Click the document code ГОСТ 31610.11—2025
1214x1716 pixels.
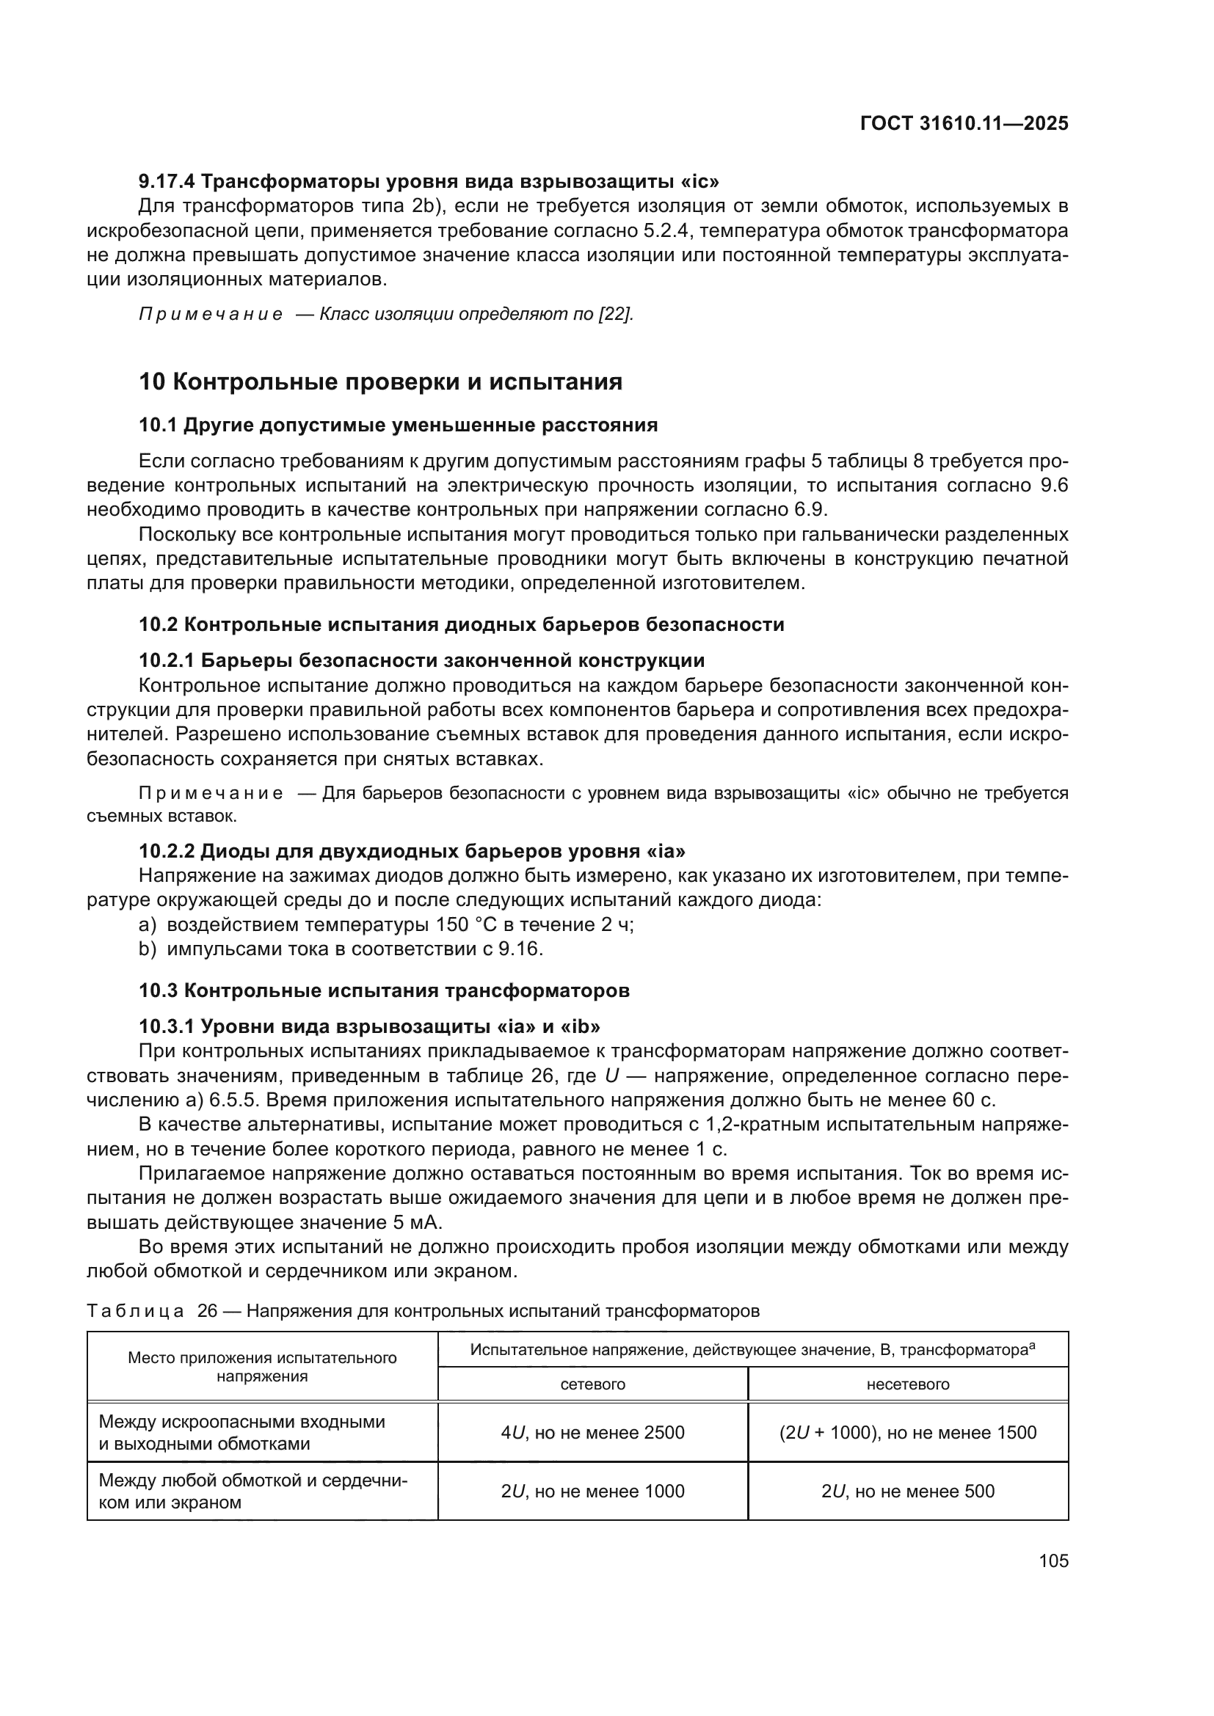(x=964, y=123)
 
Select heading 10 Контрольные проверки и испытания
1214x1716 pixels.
(x=380, y=382)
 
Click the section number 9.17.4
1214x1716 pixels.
(x=167, y=182)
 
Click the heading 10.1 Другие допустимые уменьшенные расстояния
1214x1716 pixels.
(x=399, y=426)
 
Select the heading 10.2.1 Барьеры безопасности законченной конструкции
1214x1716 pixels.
(x=421, y=661)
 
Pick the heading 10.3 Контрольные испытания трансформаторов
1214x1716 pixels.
(x=384, y=991)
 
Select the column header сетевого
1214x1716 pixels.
(x=592, y=1384)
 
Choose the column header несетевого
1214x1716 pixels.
(x=907, y=1384)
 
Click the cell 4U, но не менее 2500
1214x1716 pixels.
(x=592, y=1433)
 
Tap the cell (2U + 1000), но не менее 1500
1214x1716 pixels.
(x=907, y=1433)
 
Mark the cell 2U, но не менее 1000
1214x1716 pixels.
(x=592, y=1491)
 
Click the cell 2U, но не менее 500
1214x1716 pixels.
(x=907, y=1491)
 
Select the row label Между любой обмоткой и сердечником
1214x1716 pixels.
(x=252, y=1491)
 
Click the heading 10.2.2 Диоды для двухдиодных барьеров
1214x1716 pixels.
(x=412, y=851)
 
